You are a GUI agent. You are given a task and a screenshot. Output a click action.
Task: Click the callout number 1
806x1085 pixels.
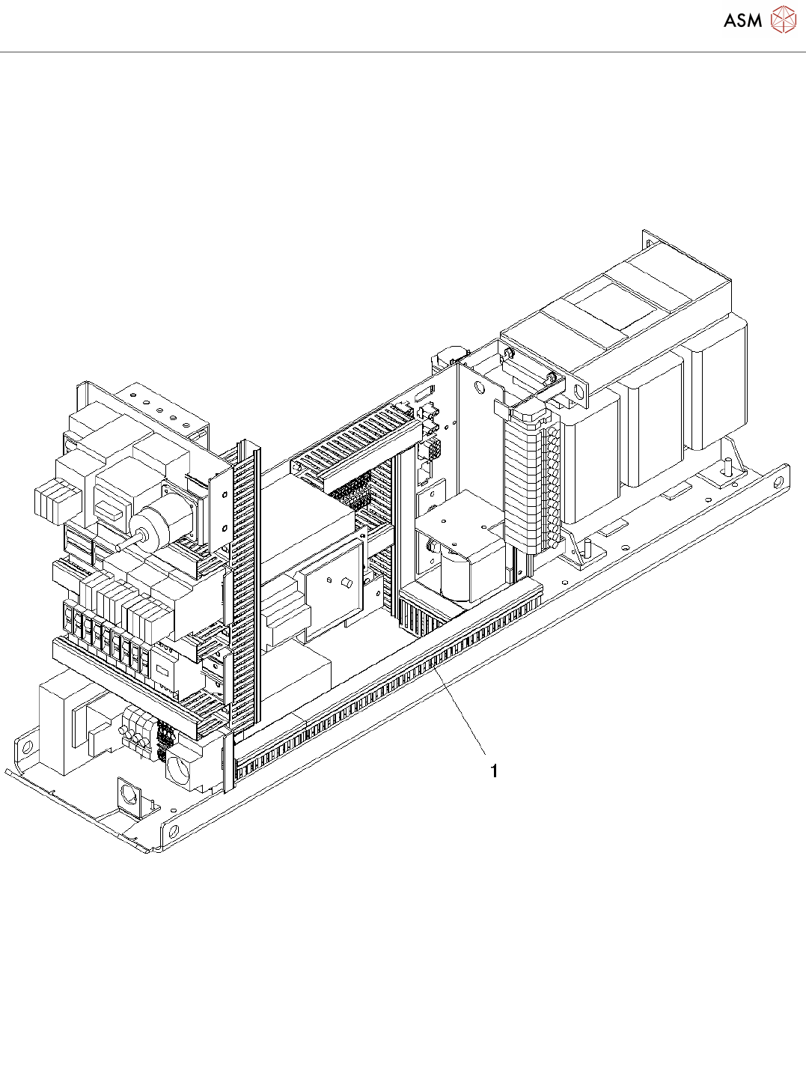click(x=494, y=771)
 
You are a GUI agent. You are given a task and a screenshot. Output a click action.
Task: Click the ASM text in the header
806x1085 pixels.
click(x=742, y=21)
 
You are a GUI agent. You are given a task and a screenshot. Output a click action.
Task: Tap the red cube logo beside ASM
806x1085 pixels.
click(x=784, y=20)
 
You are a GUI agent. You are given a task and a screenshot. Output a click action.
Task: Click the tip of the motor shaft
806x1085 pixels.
click(x=118, y=547)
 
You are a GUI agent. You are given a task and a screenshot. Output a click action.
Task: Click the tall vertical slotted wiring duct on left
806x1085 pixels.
click(x=245, y=584)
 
